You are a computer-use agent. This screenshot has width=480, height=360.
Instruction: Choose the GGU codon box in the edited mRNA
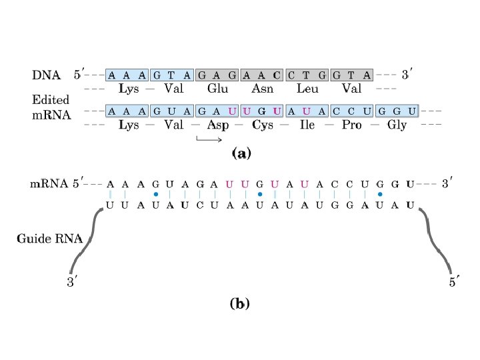tap(397, 111)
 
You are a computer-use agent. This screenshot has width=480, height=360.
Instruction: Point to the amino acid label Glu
tap(218, 88)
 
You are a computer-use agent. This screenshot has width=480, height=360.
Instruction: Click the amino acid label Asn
tap(263, 88)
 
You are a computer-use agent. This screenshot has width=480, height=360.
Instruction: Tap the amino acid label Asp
tap(218, 125)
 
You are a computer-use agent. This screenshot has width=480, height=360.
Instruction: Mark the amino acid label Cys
tap(263, 125)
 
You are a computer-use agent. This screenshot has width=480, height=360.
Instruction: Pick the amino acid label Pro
tap(352, 125)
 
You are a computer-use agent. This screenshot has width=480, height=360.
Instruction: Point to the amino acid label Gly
tap(397, 125)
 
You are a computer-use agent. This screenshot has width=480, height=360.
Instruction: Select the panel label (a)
tap(240, 154)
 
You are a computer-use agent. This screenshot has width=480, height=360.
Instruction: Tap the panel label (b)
tap(240, 304)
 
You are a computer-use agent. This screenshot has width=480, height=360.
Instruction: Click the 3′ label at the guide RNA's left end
tap(71, 283)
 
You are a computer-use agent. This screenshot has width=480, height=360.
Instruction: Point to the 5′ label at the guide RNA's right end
tap(453, 283)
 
